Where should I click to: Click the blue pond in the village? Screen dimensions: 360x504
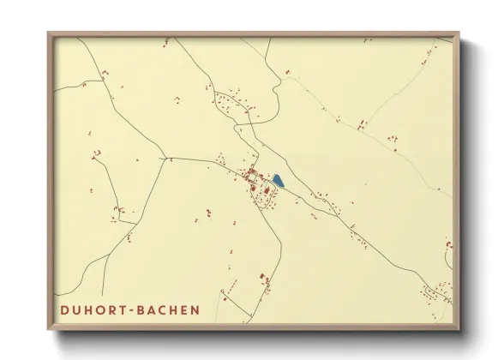(x=278, y=181)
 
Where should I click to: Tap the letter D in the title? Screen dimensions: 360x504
(x=65, y=309)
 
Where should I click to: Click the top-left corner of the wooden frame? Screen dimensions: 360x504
(x=48, y=33)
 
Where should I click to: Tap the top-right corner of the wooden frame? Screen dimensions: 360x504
(x=459, y=33)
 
